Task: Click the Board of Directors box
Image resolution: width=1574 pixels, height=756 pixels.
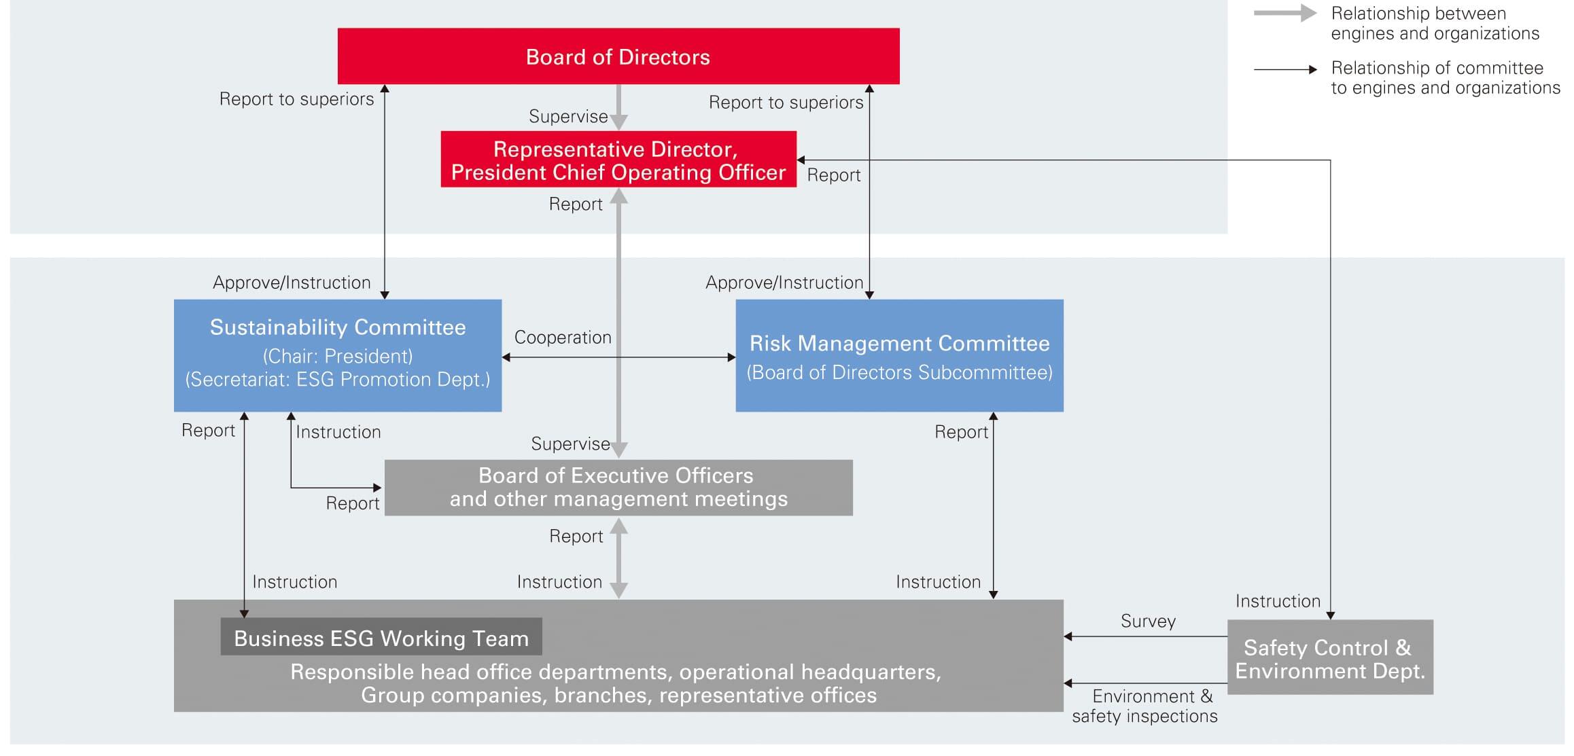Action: [618, 56]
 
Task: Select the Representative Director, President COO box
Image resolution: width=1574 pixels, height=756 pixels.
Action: [618, 160]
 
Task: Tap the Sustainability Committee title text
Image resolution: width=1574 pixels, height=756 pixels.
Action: [338, 327]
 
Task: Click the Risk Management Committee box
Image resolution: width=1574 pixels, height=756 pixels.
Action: [898, 355]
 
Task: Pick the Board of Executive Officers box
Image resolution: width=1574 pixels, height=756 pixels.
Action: [618, 487]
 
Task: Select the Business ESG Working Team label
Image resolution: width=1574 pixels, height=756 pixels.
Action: [381, 638]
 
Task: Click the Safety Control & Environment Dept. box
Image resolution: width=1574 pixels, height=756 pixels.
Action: [1329, 658]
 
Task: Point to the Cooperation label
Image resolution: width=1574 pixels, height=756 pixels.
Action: [563, 338]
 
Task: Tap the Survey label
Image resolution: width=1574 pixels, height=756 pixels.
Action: [1148, 621]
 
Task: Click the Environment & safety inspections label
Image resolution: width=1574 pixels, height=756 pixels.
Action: [1145, 706]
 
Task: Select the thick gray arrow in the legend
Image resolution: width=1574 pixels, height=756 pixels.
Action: [1284, 14]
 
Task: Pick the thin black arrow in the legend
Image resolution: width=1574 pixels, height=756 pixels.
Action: [1284, 69]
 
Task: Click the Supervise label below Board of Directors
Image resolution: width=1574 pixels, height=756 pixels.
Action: [568, 117]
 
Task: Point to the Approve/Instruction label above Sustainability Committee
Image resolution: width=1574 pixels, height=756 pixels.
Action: [292, 283]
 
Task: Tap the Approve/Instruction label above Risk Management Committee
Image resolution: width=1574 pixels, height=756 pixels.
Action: [784, 283]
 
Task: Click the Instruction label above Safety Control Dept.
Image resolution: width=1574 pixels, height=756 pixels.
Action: [1278, 601]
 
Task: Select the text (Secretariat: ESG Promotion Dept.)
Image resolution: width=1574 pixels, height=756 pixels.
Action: [338, 380]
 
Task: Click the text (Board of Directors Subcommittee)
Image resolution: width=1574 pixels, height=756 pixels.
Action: [899, 373]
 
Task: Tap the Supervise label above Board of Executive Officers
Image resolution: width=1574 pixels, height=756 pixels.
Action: [570, 444]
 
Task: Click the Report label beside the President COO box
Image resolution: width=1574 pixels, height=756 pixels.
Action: [833, 175]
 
